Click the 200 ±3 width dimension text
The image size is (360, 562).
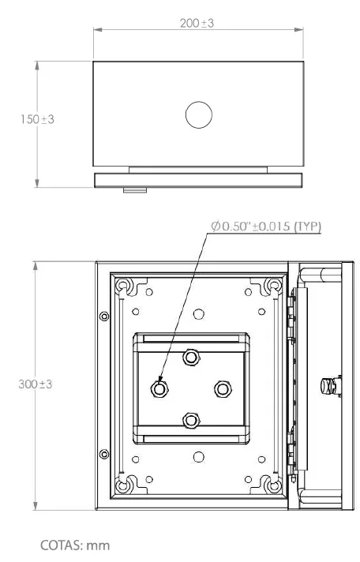pos(197,24)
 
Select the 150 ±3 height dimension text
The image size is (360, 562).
pos(37,119)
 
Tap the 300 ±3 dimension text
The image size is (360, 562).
pos(36,384)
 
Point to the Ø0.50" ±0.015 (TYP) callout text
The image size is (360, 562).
pos(266,227)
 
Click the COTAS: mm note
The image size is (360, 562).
pos(75,545)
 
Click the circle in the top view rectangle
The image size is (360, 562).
pos(199,114)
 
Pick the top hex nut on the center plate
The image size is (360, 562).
pos(191,357)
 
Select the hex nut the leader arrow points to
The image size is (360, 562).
pos(159,388)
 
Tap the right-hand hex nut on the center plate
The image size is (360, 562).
pos(223,389)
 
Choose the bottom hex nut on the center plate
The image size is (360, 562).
pos(191,420)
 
